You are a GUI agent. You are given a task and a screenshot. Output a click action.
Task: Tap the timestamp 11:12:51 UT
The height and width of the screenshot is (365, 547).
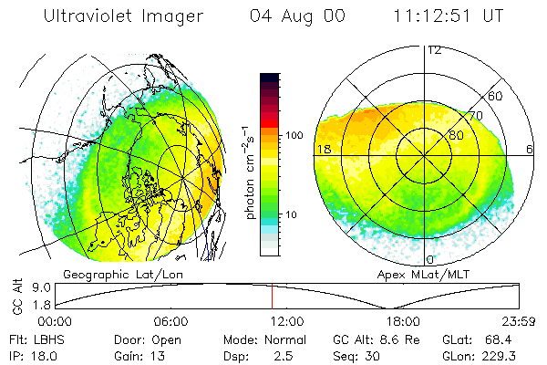coord(449,17)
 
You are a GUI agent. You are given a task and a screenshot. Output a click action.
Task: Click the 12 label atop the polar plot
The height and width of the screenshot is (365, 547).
coord(435,50)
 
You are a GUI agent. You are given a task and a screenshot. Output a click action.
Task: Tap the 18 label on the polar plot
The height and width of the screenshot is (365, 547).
coord(323,149)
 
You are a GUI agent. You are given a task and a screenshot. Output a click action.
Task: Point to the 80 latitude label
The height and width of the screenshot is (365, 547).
coord(456,136)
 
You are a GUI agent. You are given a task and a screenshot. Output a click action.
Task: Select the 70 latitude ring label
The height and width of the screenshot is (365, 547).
coord(475,116)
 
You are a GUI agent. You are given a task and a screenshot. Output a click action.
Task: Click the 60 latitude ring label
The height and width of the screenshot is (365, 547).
coord(496,96)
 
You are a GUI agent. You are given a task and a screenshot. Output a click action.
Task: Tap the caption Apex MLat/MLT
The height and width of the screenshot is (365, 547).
coord(415,274)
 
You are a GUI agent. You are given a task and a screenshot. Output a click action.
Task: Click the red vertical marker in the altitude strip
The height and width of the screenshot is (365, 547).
coord(272,297)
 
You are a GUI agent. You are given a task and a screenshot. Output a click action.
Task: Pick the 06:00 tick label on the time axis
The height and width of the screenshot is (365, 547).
coord(170,322)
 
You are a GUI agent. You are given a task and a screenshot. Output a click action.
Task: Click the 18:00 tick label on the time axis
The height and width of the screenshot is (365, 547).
coord(403,322)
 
